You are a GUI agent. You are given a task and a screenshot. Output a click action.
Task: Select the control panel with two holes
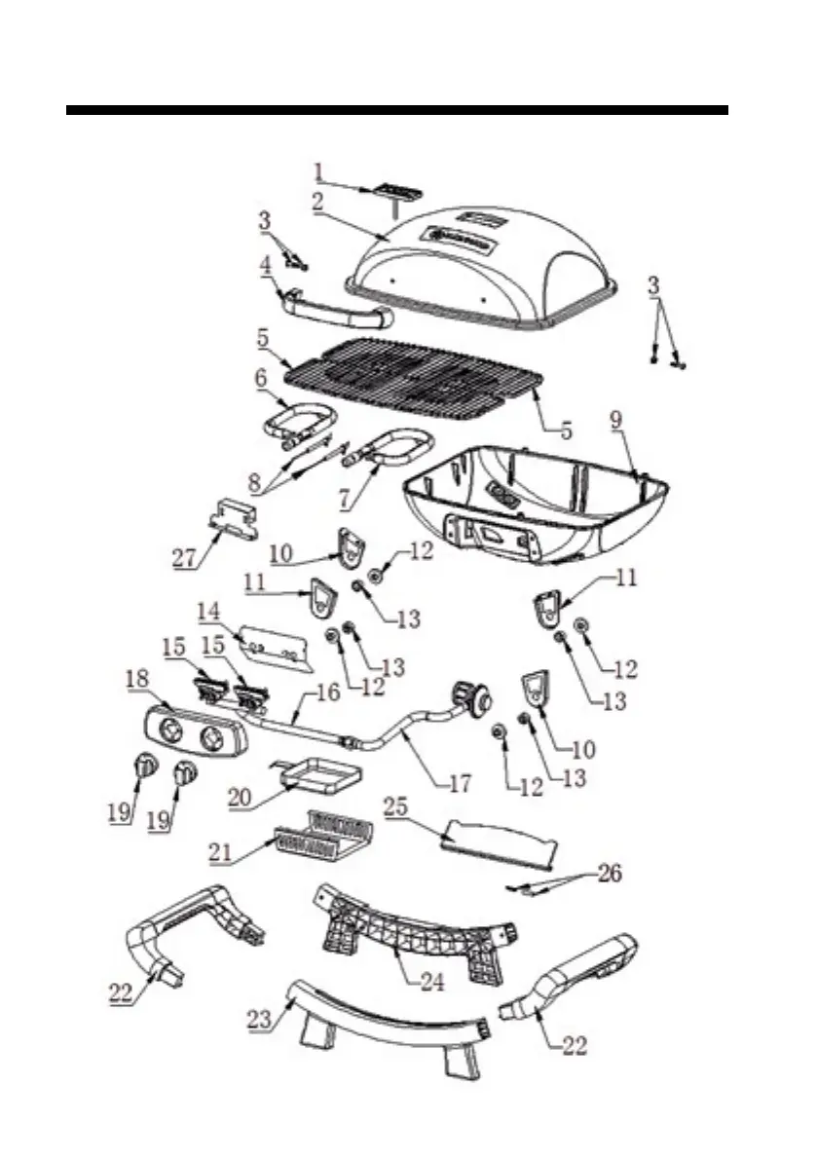(192, 731)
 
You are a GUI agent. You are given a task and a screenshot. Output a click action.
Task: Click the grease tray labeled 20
(317, 777)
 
